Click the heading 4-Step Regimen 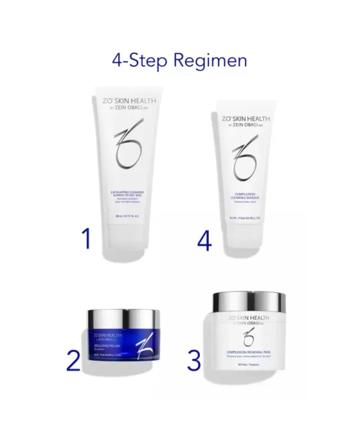click(179, 61)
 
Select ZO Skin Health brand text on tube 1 click(125, 102)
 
